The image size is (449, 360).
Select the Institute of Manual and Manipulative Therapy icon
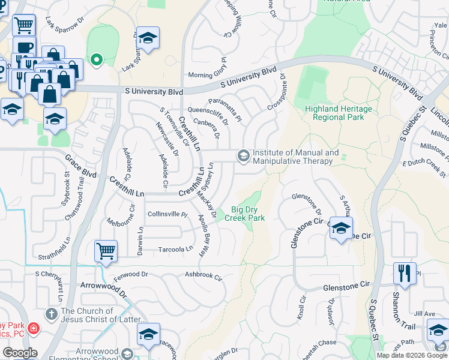point(243,156)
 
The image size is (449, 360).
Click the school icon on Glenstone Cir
point(341,229)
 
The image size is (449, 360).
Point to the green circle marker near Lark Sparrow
point(95,59)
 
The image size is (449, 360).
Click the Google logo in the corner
point(20,353)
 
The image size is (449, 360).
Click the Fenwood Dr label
point(130,274)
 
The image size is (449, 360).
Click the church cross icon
point(52,313)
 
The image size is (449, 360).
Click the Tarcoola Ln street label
point(175,249)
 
